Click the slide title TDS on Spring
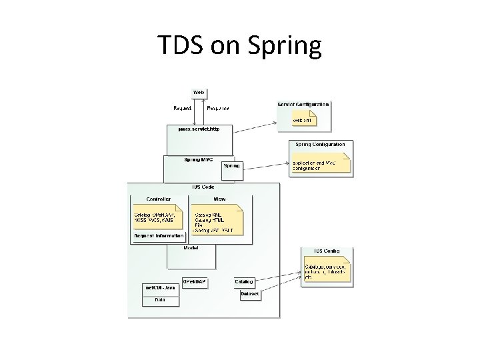pos(239,45)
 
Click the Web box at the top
pos(199,91)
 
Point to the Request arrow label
pos(182,107)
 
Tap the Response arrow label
pos(218,107)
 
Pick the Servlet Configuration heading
pos(303,104)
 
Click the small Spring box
pos(231,166)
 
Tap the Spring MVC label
pos(197,159)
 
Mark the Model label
pos(191,248)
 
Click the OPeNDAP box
pos(195,282)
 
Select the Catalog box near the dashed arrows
pos(243,282)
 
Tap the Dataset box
pos(250,293)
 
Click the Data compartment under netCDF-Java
pos(160,300)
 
